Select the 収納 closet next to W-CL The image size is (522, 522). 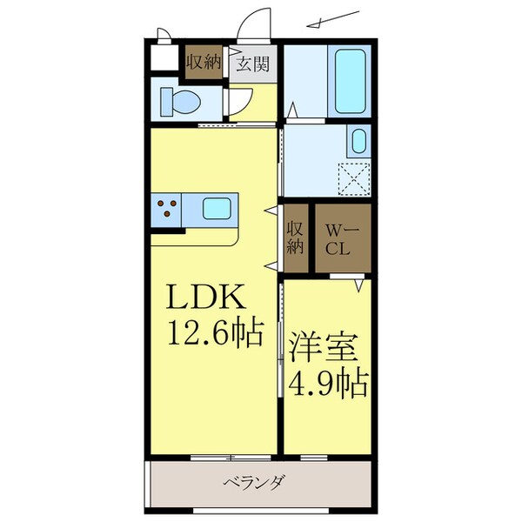(x=296, y=238)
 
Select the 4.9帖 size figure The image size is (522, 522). (x=326, y=380)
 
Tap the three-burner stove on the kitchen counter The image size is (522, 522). (x=168, y=208)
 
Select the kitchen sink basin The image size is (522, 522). (x=217, y=209)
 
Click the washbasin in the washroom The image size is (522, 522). (x=358, y=141)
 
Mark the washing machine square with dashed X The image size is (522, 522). (x=353, y=179)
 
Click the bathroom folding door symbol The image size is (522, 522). (x=295, y=112)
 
